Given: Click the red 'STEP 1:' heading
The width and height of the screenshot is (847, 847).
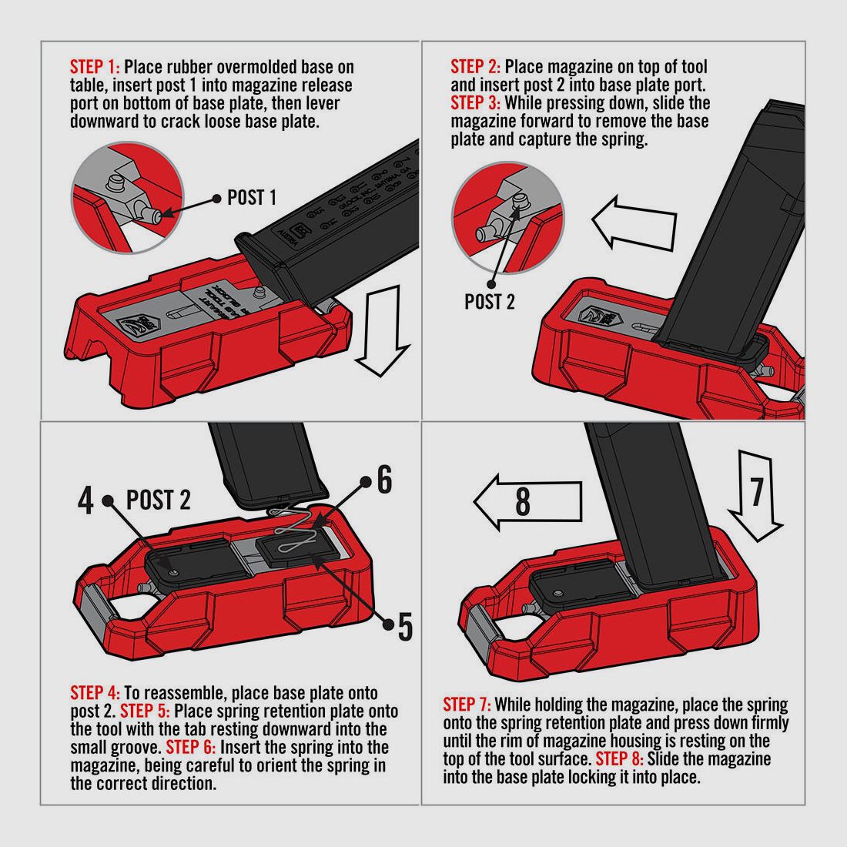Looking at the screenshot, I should pos(95,67).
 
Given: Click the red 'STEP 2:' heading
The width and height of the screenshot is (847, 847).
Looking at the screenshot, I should pos(475,67).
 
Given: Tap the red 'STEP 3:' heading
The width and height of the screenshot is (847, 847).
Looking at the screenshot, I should pos(475,103).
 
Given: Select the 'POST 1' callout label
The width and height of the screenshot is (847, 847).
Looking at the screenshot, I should pos(251,198).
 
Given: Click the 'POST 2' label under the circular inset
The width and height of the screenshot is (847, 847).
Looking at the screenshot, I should pos(489,302).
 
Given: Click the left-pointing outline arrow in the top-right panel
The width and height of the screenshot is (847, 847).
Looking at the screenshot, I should pos(633,223).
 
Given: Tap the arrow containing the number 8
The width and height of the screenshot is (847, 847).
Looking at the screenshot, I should pos(526,502).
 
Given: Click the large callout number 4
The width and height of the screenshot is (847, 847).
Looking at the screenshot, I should pos(85,500).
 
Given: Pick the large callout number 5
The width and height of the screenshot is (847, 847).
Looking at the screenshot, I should pos(405,628).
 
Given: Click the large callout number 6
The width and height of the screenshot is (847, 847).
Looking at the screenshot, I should pos(383,480).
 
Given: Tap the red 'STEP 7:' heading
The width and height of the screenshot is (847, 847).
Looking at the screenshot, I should pos(467,705).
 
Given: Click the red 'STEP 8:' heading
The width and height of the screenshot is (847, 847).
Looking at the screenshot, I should pos(620,759).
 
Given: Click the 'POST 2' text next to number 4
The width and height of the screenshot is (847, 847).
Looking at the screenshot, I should pos(158,500).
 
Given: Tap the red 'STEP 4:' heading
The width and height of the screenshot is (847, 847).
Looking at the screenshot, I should pos(95,692).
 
